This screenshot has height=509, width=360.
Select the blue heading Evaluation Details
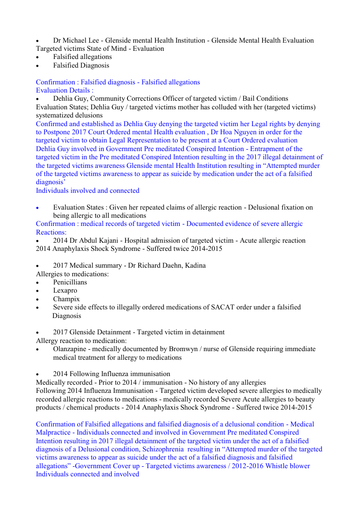(x=64, y=90)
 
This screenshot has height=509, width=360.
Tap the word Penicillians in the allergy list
(x=70, y=282)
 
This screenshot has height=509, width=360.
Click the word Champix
(x=66, y=299)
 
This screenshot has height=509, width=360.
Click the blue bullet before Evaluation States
(x=38, y=208)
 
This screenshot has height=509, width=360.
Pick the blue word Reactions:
(x=51, y=232)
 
